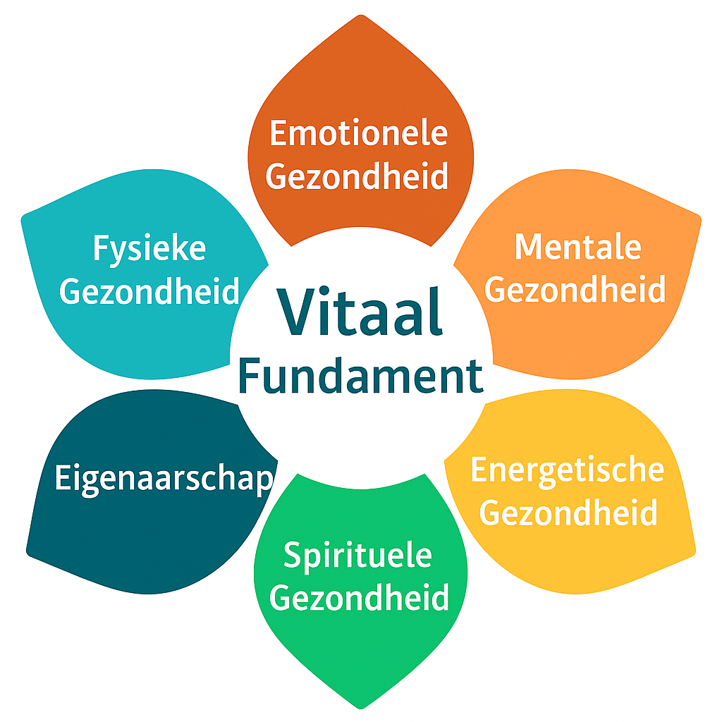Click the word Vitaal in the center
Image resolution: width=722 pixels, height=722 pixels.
[x=360, y=312]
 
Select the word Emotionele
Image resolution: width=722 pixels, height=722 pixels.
[x=359, y=133]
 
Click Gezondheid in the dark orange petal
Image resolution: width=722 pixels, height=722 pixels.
[x=357, y=176]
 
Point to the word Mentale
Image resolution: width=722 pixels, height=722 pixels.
[x=577, y=247]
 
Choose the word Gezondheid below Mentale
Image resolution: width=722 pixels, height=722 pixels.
[x=575, y=289]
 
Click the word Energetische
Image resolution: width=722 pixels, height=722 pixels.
[x=567, y=470]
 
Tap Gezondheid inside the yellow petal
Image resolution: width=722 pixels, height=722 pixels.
[x=568, y=513]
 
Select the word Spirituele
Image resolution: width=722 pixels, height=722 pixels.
[x=357, y=556]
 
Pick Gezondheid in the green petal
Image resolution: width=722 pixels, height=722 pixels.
[x=359, y=599]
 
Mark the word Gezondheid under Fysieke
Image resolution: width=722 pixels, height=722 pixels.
[x=149, y=290]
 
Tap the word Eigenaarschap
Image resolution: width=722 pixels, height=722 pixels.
[x=163, y=479]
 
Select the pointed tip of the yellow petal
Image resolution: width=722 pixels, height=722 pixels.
[x=694, y=550]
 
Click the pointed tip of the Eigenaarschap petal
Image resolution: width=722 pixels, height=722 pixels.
[x=28, y=550]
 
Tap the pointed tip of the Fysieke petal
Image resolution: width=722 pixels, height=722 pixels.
[x=24, y=216]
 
